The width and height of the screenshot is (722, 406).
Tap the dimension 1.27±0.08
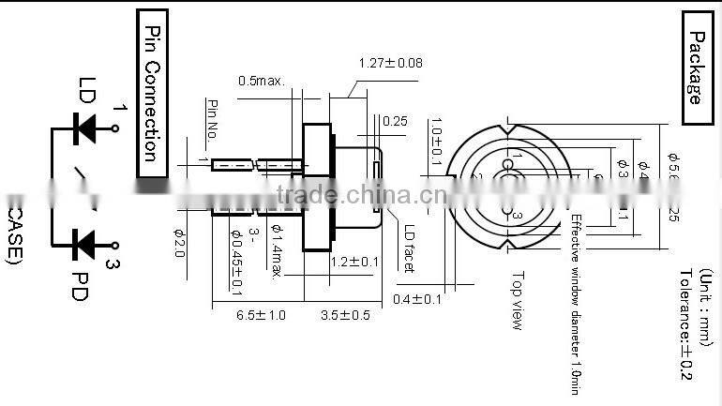[x=390, y=64]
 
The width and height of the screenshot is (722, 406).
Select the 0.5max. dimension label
[x=261, y=81]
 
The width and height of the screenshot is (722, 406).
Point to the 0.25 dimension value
[x=394, y=121]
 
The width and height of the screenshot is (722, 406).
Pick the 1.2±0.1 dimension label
[x=353, y=262]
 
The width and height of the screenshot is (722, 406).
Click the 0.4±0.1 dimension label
[x=417, y=299]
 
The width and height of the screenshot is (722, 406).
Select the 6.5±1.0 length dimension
[x=260, y=315]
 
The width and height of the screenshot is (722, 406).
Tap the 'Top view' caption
[x=517, y=300]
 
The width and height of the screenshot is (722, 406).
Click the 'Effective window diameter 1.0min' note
[x=575, y=301]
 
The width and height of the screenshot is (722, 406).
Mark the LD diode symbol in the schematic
[x=86, y=124]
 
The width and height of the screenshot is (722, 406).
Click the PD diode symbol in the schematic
[x=86, y=243]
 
